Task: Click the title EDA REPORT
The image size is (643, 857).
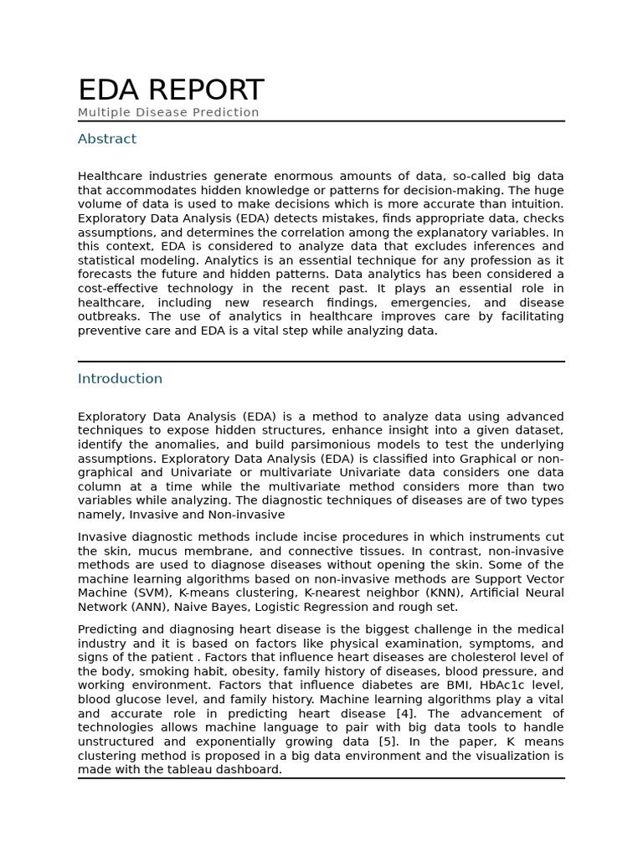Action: [x=171, y=90]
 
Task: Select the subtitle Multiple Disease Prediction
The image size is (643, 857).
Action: [x=168, y=112]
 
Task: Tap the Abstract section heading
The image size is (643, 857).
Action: [x=107, y=139]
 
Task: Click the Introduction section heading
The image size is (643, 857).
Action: [x=120, y=378]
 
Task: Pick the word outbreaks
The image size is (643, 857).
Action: [x=110, y=316]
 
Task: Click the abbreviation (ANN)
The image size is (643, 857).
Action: [x=156, y=607]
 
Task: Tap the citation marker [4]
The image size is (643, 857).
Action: [x=425, y=713]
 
